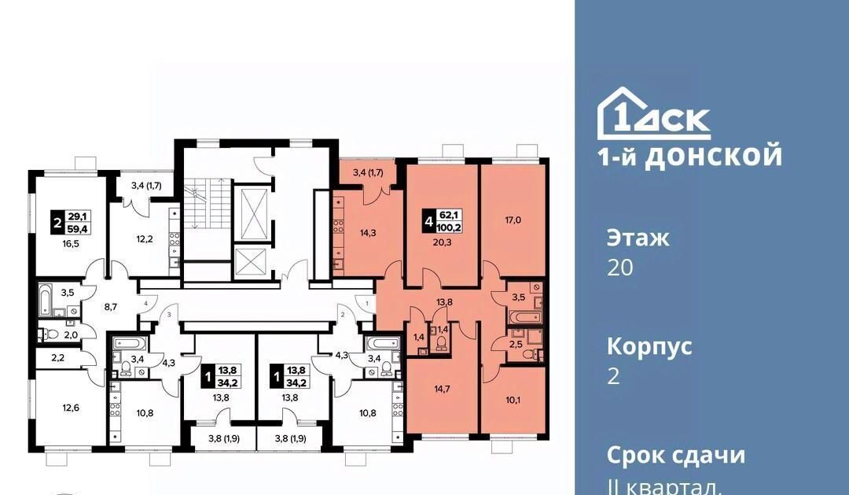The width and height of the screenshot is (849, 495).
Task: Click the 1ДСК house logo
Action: [x=653, y=113]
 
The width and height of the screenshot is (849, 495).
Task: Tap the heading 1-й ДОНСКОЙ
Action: [x=690, y=156]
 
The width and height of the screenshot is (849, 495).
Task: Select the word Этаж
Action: [x=638, y=238]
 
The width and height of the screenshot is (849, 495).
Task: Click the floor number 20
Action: [x=620, y=268]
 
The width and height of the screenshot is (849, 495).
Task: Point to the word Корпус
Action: [x=649, y=346]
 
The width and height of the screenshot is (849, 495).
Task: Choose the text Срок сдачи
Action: [x=676, y=455]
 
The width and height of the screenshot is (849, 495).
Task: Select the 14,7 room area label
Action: [x=442, y=388]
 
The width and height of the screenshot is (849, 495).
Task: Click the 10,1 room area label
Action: [x=512, y=401]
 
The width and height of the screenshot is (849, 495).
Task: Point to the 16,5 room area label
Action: [x=71, y=243]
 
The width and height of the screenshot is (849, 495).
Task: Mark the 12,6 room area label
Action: [x=71, y=408]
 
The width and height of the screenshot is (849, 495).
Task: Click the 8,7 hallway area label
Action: [x=111, y=307]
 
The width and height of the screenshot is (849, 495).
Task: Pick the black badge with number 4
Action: [x=428, y=222]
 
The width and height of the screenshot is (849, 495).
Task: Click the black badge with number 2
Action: [x=56, y=222]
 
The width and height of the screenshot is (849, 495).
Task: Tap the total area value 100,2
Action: [x=454, y=228]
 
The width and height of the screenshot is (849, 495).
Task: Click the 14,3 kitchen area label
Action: [x=368, y=233]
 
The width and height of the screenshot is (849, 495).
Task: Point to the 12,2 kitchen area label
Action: [x=144, y=238]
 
